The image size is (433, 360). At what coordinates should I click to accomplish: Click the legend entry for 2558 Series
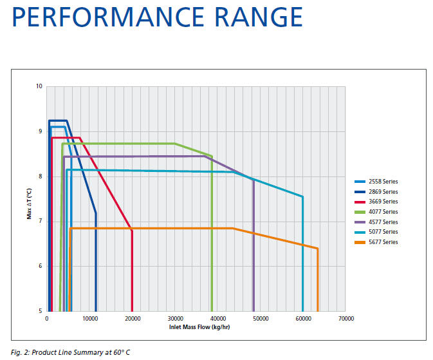click(x=376, y=182)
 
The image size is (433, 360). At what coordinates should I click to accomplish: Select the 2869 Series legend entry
click(x=376, y=192)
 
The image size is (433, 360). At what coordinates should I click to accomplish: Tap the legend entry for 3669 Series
click(x=376, y=202)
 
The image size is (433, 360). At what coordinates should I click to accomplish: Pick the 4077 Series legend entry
click(x=376, y=212)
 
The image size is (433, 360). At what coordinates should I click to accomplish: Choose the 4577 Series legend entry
click(x=376, y=222)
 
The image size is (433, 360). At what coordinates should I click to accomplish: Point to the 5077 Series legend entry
click(x=376, y=232)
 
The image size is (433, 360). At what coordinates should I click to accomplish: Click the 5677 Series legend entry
click(x=376, y=242)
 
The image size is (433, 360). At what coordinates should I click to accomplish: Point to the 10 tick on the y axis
click(x=39, y=86)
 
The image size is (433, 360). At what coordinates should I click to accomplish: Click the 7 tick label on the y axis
click(x=41, y=221)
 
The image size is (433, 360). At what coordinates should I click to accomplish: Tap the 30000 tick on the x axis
click(x=176, y=319)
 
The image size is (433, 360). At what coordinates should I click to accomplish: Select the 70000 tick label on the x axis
click(x=346, y=319)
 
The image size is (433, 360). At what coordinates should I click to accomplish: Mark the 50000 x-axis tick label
click(x=261, y=319)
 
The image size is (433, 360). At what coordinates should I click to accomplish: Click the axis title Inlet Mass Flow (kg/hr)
click(x=199, y=327)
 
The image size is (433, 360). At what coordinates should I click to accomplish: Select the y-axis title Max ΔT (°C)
click(x=29, y=204)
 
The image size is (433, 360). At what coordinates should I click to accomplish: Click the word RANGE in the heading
click(x=259, y=17)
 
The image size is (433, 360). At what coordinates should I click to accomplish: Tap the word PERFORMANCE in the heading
click(x=108, y=17)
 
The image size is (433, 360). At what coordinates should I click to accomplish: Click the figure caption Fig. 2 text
click(x=70, y=352)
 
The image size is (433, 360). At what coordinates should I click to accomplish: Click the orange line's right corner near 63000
click(x=318, y=249)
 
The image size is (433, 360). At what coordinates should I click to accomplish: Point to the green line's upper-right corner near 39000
click(x=212, y=156)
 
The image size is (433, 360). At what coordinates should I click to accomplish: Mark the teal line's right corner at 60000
click(x=302, y=196)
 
